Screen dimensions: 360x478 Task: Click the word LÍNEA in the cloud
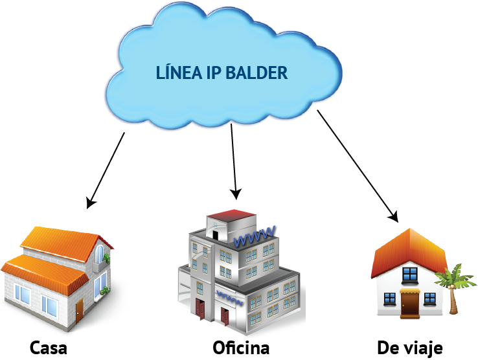tap(178, 73)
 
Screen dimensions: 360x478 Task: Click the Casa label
tap(49, 348)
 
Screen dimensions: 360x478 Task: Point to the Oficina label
tap(241, 348)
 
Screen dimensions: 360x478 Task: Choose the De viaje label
tap(410, 348)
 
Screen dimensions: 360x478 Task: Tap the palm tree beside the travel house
tap(454, 288)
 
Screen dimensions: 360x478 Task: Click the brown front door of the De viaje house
tap(410, 304)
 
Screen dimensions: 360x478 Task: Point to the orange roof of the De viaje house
tap(408, 249)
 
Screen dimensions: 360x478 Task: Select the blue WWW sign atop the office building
tap(255, 238)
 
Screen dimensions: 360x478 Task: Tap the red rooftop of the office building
tap(232, 215)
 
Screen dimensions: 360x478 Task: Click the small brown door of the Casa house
tap(79, 309)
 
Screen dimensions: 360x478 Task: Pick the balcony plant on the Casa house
tap(105, 260)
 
